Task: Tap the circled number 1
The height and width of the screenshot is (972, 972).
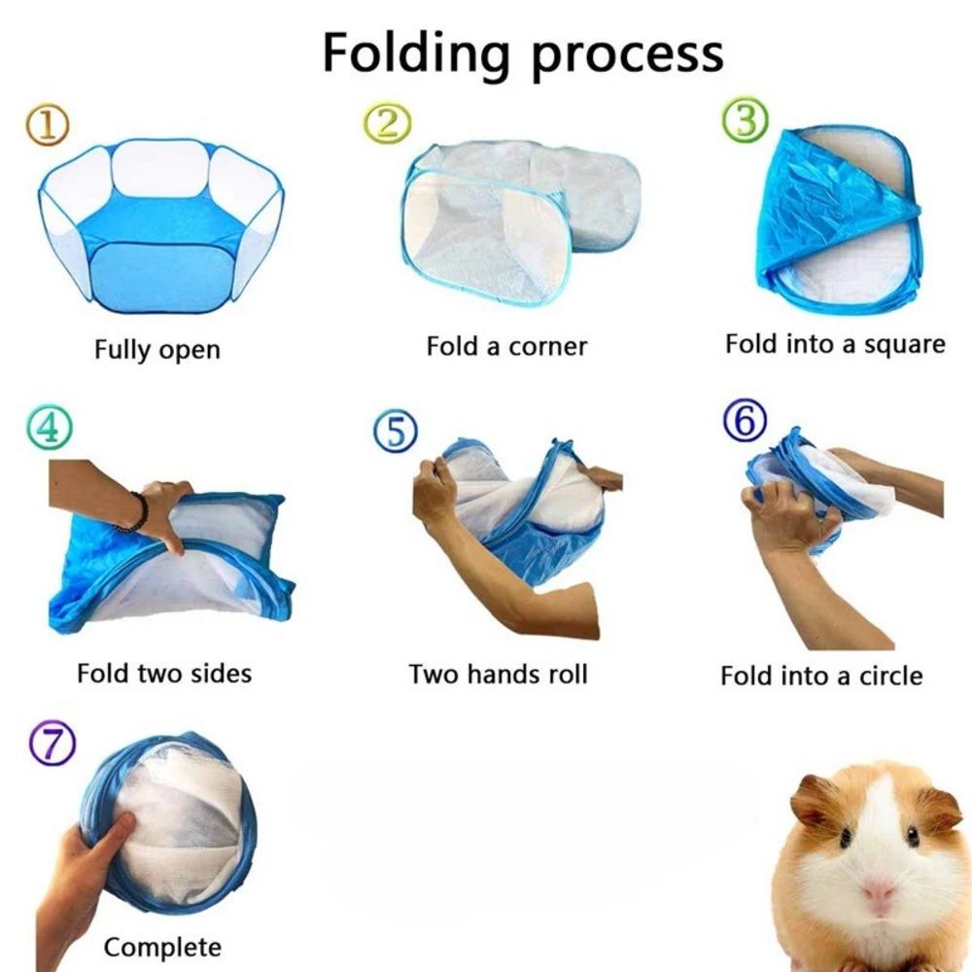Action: pos(48,126)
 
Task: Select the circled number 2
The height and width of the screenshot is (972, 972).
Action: pos(387,123)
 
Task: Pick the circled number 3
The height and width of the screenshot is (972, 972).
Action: pos(746,121)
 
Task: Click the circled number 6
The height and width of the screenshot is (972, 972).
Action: pos(746,420)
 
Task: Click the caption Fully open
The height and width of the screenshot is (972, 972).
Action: pos(157,349)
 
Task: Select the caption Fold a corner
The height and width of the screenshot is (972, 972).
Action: pos(506,346)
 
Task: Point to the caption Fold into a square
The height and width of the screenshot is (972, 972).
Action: pos(835,344)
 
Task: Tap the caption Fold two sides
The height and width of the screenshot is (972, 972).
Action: pos(164,673)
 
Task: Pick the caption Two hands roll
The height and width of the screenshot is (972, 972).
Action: pos(498,674)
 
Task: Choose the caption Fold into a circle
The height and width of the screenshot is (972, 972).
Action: pos(821,676)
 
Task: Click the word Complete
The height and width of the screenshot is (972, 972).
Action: pos(162,946)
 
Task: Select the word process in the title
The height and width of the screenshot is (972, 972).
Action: pos(628,53)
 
